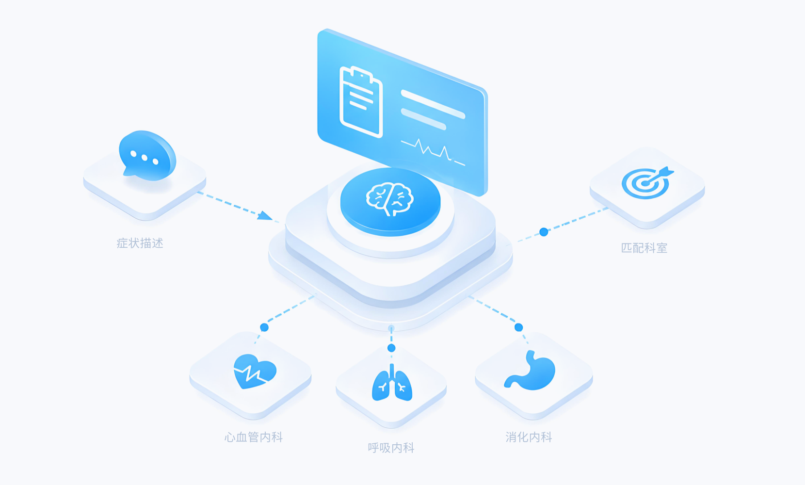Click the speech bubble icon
[x=147, y=156]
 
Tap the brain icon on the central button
[x=389, y=199]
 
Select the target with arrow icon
[x=647, y=183]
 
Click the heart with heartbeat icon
[x=255, y=372]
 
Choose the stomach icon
[x=530, y=371]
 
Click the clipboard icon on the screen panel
[x=361, y=102]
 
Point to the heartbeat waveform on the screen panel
[x=433, y=151]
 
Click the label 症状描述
[x=140, y=243]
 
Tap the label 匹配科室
[x=644, y=248]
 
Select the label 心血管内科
[x=254, y=437]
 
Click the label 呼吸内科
[x=391, y=448]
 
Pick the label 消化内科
[x=529, y=437]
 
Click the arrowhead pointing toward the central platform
[x=265, y=216]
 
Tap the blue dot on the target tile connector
[x=544, y=232]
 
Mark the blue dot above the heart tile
[x=264, y=327]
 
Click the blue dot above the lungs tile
[x=391, y=348]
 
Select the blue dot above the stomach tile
[x=518, y=327]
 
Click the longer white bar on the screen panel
[x=433, y=104]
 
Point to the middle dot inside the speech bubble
[x=145, y=158]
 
